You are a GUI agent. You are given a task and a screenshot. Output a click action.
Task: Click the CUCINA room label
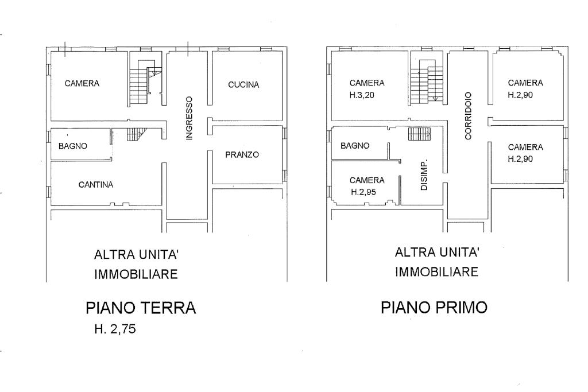click(x=243, y=85)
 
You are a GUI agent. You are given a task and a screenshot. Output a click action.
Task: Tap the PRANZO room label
click(x=242, y=154)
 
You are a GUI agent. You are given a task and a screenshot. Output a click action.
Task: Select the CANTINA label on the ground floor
click(x=96, y=184)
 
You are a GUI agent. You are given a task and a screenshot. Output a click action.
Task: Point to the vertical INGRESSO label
click(x=189, y=118)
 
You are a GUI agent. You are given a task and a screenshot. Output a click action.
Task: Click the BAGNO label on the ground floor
click(x=73, y=146)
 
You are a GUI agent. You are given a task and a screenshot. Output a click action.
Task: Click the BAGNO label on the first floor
click(x=355, y=145)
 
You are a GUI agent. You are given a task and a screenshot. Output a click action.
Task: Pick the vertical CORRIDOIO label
click(x=468, y=116)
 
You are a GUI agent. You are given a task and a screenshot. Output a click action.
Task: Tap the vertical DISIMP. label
click(x=424, y=176)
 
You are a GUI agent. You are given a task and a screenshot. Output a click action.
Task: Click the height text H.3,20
click(x=362, y=95)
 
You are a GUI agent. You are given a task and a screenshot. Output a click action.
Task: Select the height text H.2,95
click(x=363, y=192)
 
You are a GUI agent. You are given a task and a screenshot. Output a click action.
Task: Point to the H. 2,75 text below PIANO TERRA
click(x=115, y=329)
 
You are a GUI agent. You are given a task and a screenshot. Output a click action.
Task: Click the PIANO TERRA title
click(x=141, y=308)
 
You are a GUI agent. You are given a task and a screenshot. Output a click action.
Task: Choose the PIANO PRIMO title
click(x=434, y=307)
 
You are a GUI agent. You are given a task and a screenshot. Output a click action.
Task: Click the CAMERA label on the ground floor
click(x=82, y=83)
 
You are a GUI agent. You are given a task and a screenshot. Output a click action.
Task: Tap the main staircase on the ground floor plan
click(x=145, y=83)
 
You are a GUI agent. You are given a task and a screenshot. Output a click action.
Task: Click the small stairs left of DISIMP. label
click(x=419, y=134)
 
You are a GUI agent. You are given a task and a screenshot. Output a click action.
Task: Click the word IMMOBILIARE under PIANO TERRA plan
click(x=136, y=274)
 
